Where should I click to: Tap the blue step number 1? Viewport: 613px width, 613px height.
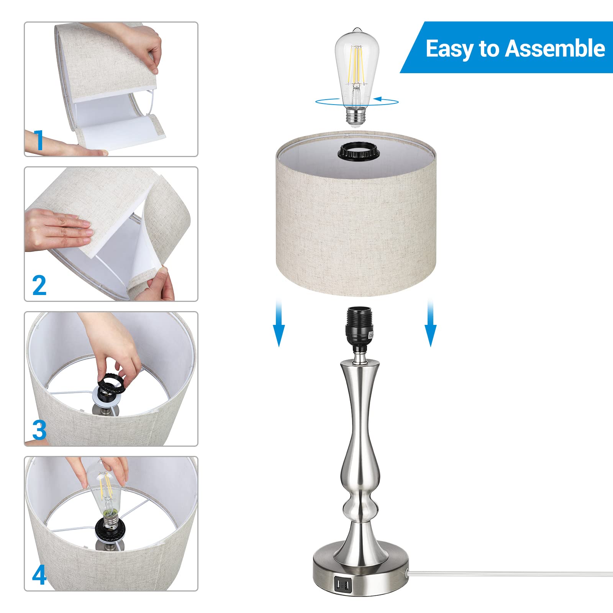point(39,141)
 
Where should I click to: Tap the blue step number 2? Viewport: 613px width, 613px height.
point(39,285)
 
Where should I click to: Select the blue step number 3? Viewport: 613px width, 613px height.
point(39,430)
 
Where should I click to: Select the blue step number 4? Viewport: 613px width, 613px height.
point(39,575)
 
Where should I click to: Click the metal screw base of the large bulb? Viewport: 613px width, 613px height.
point(357,115)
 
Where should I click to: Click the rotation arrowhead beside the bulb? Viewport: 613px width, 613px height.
point(378,99)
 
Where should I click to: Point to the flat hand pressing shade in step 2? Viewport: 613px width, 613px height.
point(57,230)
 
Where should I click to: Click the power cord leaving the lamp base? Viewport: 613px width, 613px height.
point(498,573)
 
